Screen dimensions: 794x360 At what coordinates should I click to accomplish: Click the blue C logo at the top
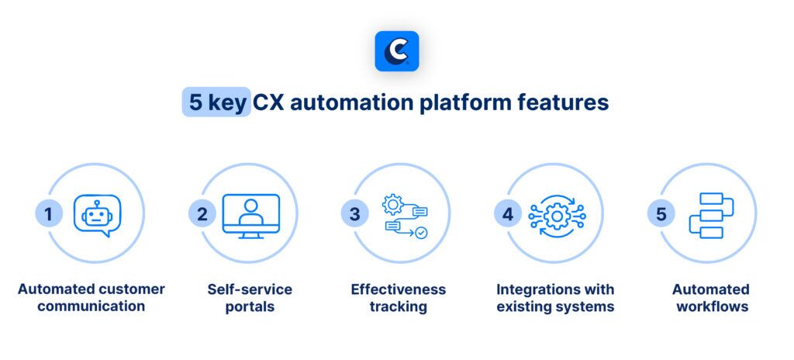click(x=396, y=51)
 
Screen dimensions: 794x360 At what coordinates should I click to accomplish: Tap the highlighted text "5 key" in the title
click(x=216, y=102)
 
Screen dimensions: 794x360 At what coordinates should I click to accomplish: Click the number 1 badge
click(x=49, y=214)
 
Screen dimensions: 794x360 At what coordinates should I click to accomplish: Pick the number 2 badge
click(x=202, y=214)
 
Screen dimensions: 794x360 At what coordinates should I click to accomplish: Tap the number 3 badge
click(x=355, y=214)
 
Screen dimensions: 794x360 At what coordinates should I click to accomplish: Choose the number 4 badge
click(x=508, y=214)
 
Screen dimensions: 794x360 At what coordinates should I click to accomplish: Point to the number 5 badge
click(x=661, y=214)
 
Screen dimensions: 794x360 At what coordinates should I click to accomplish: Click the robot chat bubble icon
click(x=98, y=216)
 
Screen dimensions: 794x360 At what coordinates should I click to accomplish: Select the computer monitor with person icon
click(x=251, y=216)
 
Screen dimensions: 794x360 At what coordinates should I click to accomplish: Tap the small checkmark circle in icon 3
click(x=421, y=233)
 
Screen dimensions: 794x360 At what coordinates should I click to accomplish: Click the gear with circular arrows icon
click(x=557, y=216)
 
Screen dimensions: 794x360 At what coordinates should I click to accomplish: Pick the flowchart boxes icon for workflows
click(x=712, y=216)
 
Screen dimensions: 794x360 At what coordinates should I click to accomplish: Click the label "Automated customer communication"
click(x=91, y=298)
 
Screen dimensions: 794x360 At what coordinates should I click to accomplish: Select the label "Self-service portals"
click(x=250, y=298)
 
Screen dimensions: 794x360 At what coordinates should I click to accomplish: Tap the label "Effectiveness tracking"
click(x=399, y=298)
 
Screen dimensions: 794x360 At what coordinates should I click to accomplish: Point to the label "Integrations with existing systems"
click(x=555, y=298)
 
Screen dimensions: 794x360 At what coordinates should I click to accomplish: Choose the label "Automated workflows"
click(x=711, y=298)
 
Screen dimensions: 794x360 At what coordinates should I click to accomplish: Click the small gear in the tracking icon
click(x=392, y=204)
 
